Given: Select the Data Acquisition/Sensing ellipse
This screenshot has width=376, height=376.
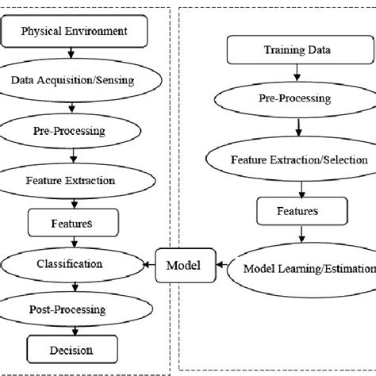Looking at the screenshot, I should (73, 79).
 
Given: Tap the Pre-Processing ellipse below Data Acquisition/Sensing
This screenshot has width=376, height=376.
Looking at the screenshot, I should (73, 129).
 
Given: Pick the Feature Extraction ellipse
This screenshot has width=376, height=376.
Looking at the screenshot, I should (73, 180).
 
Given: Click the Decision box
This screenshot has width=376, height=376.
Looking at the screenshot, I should (73, 349).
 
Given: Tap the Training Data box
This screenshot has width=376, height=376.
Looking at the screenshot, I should (288, 51).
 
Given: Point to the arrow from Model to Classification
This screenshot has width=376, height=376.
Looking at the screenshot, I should (148, 263).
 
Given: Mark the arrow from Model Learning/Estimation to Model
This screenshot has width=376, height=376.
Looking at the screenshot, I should (224, 266).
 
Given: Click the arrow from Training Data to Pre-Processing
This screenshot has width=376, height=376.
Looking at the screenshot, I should (288, 74).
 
